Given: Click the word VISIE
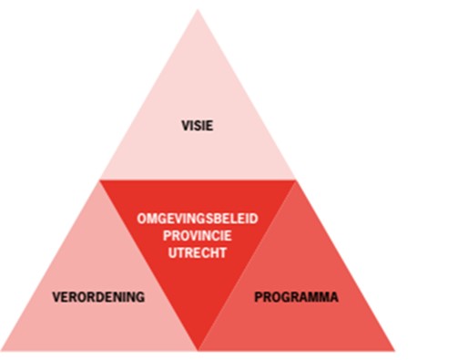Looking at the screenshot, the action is tap(197, 125).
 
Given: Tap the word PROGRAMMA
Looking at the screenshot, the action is tap(296, 297).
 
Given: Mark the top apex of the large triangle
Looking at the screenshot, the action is tap(198, 9).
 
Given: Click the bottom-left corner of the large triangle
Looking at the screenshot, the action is tap(3, 351).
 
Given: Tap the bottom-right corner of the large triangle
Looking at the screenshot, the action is tap(394, 351).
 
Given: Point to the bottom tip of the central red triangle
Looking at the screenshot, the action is tap(198, 350).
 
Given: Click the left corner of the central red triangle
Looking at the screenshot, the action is tap(100, 180).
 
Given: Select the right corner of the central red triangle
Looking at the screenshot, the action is tap(296, 180).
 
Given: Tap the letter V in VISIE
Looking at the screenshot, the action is tap(183, 125).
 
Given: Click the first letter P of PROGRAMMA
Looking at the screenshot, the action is tap(258, 297).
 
